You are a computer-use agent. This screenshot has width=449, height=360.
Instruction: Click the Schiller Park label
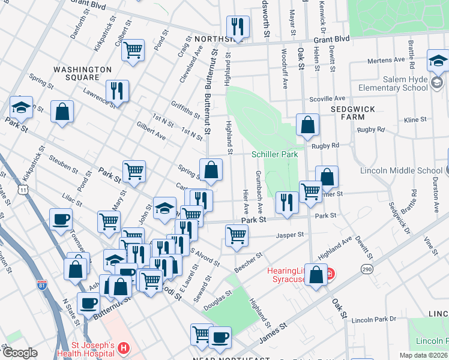tap(274, 154)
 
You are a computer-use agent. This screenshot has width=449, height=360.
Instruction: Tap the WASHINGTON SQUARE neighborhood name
tap(83, 74)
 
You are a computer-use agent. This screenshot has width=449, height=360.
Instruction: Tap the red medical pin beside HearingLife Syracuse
tap(330, 275)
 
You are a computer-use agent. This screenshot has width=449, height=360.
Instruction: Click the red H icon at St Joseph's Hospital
tap(123, 347)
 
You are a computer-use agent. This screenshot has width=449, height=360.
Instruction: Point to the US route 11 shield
tap(22, 189)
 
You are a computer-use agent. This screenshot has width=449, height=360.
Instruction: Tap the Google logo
tap(19, 353)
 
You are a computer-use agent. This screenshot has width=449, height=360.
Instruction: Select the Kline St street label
tap(414, 120)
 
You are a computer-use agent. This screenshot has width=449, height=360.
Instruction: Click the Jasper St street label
tap(291, 236)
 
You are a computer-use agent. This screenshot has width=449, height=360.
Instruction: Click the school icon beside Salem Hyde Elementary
tap(439, 61)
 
